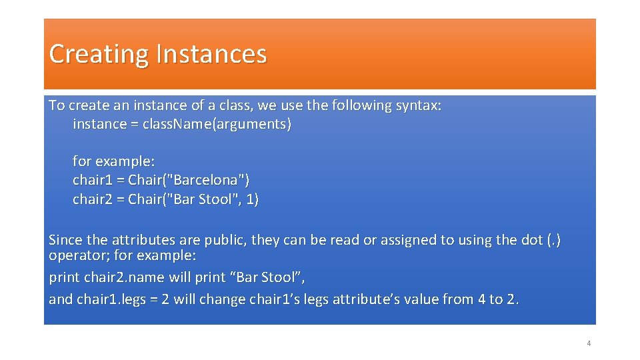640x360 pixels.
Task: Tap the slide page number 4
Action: (589, 343)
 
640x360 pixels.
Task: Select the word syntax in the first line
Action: (418, 105)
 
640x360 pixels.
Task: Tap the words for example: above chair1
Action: (113, 161)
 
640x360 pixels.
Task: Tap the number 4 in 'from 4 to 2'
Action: (481, 299)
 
